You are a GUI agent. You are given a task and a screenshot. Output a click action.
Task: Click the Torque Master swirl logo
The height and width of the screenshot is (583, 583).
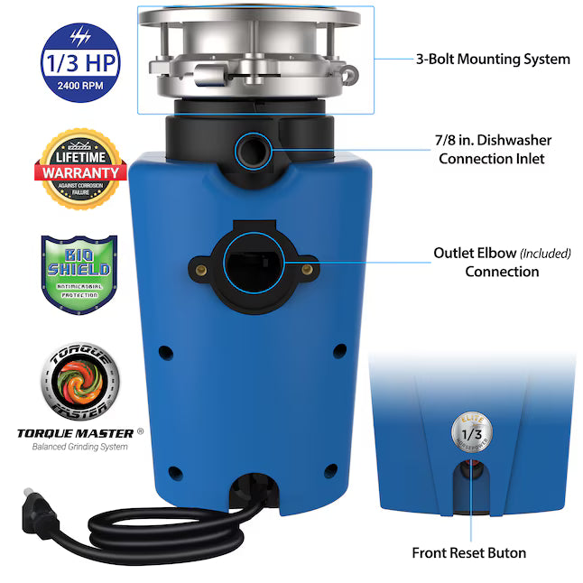tap(78, 380)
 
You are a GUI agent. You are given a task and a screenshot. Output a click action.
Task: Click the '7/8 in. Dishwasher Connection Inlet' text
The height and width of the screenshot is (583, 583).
tap(494, 149)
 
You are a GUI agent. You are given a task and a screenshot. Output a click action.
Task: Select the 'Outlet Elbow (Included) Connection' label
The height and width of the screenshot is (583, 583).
tap(502, 262)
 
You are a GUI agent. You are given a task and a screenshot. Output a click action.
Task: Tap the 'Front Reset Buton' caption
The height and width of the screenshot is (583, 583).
tap(469, 553)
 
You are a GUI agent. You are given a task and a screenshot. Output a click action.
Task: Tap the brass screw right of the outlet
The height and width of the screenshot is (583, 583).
tap(311, 268)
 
